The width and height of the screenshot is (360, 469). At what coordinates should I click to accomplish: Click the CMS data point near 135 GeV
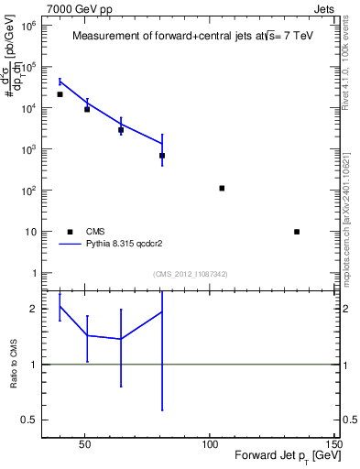(297, 232)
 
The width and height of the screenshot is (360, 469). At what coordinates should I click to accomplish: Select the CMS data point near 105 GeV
(222, 188)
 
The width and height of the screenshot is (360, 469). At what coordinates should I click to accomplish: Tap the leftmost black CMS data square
(60, 94)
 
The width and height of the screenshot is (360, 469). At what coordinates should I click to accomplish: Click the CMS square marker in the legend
(69, 232)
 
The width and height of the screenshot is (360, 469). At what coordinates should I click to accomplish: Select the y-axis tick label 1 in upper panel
(34, 273)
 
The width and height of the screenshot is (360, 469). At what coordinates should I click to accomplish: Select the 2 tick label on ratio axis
(34, 309)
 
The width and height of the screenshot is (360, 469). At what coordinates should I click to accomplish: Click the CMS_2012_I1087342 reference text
(190, 274)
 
